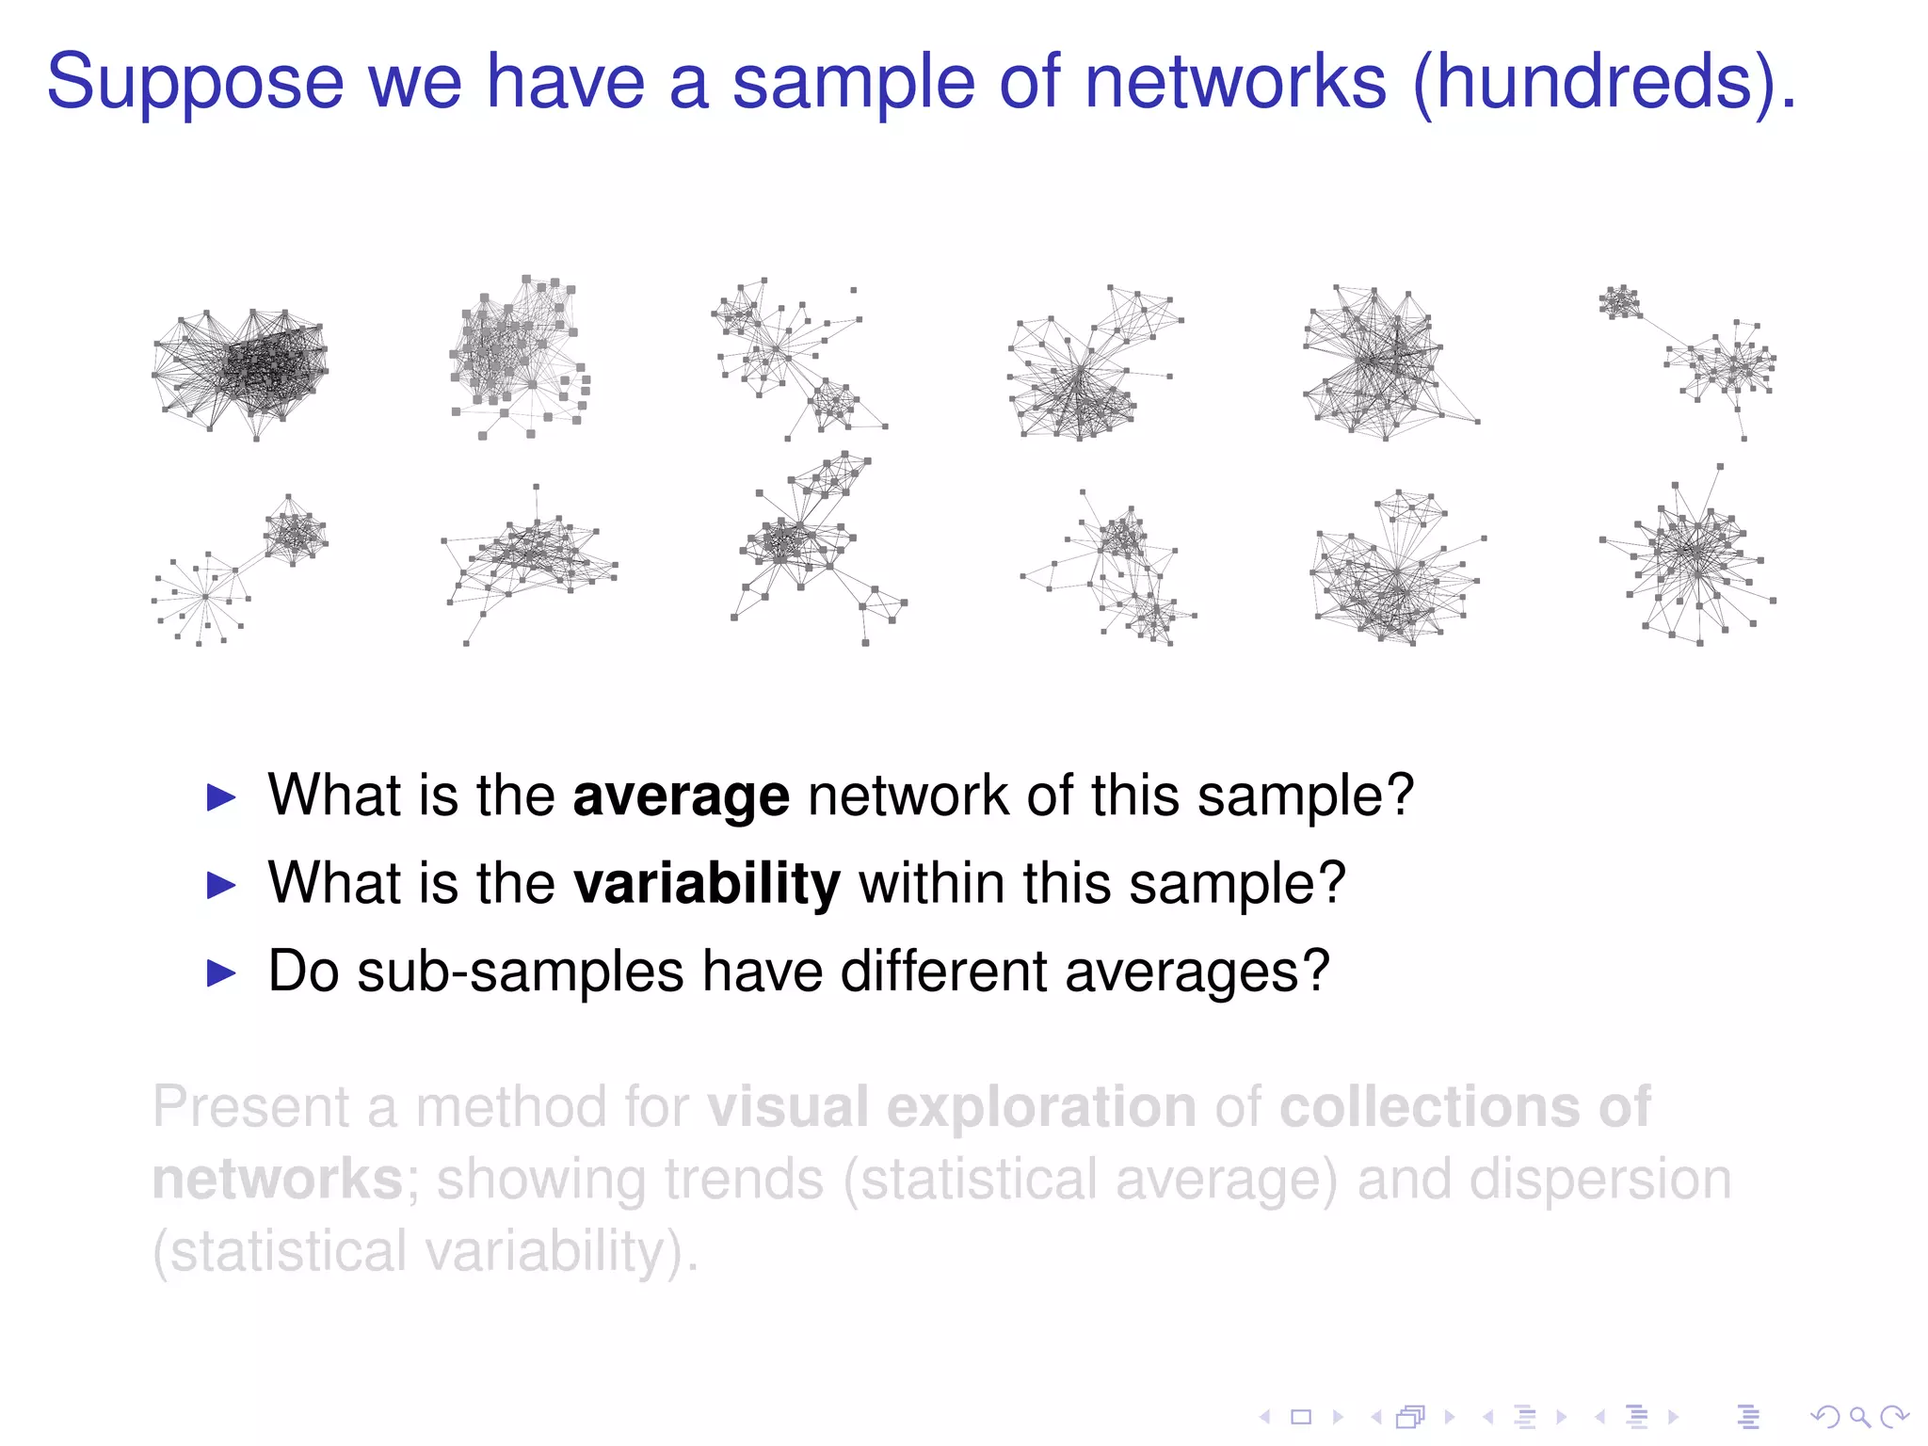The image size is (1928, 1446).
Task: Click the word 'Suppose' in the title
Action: click(195, 83)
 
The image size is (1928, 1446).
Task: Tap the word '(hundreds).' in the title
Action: click(1604, 83)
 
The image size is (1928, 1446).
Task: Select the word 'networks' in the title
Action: click(1235, 83)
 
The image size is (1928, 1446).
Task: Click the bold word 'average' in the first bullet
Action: click(681, 796)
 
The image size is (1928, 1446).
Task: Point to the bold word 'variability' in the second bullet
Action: click(706, 884)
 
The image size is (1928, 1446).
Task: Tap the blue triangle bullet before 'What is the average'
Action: click(221, 798)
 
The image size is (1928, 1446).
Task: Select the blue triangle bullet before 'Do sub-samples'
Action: click(221, 973)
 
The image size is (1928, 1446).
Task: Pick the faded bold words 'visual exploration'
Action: click(951, 1106)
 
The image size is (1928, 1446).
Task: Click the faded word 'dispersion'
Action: click(1599, 1180)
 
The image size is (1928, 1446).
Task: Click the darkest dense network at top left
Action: click(243, 369)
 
